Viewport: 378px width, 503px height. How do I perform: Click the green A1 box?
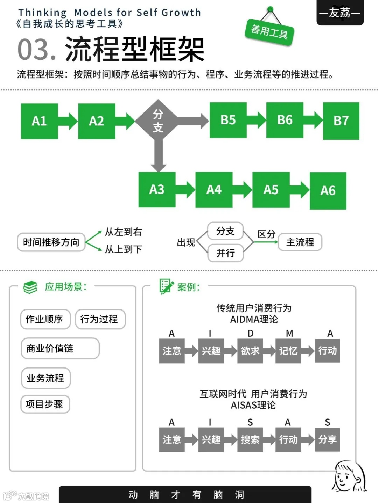39,121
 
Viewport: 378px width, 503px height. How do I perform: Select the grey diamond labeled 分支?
158,121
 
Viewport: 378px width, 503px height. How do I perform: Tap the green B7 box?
341,121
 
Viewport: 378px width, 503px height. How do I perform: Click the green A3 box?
157,190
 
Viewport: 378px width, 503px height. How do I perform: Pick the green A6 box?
328,191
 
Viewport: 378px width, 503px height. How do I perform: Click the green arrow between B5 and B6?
257,120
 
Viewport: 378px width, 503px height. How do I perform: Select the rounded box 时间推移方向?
51,242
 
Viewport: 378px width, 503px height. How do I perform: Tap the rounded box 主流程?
300,242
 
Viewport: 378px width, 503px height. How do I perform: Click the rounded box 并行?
225,253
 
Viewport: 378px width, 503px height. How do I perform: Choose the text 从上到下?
123,249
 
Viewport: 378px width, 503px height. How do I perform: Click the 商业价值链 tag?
60,348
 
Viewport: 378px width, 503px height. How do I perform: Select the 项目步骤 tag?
45,404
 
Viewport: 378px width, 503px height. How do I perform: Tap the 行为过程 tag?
100,319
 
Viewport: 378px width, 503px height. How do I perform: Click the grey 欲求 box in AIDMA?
250,351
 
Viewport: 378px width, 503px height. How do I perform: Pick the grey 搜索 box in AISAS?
250,439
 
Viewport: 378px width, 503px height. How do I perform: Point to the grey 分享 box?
327,439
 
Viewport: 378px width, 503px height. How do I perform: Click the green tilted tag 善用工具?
269,32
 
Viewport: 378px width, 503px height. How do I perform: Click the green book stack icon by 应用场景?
30,287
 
